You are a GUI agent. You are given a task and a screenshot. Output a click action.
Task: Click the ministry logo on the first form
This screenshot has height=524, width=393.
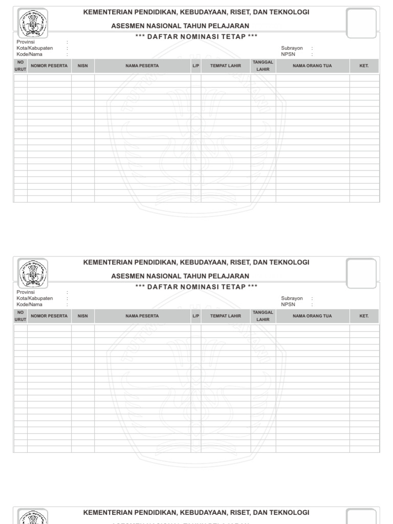pos(33,23)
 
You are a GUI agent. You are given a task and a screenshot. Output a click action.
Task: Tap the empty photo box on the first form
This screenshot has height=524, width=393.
pos(361,22)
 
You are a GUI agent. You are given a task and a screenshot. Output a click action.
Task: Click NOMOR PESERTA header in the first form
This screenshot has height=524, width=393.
pos(49,66)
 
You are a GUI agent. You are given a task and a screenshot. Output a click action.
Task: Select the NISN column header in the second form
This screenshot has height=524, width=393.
pos(82,316)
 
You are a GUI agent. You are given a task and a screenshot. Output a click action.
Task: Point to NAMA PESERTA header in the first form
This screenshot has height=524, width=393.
pos(142,66)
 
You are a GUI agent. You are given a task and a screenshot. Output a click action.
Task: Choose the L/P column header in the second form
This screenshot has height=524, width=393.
pos(196,316)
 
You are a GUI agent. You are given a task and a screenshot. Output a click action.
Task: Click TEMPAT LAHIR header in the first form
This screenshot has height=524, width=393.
pos(225,66)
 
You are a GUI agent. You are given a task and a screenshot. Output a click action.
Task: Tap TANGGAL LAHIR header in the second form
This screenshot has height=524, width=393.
pos(263,316)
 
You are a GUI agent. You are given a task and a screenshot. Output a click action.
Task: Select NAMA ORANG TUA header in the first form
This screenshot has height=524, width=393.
pos(312,66)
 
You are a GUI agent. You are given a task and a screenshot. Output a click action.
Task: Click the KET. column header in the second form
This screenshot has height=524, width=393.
pos(364,316)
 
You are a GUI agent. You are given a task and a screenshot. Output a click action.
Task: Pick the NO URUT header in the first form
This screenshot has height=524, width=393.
pos(20,66)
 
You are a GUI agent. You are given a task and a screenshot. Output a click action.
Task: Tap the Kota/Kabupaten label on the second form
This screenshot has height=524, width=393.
pos(35,298)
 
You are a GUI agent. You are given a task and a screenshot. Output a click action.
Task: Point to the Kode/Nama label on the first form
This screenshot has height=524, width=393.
pos(30,54)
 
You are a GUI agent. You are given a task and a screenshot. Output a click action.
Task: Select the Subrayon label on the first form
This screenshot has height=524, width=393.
pos(292,48)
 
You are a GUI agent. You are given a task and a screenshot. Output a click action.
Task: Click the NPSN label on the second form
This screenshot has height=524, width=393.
pos(288,304)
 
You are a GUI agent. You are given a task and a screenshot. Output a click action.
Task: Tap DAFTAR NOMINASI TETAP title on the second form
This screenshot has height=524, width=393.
pos(196,287)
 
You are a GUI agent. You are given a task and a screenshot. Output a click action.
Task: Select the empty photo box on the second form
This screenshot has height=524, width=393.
pos(361,272)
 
